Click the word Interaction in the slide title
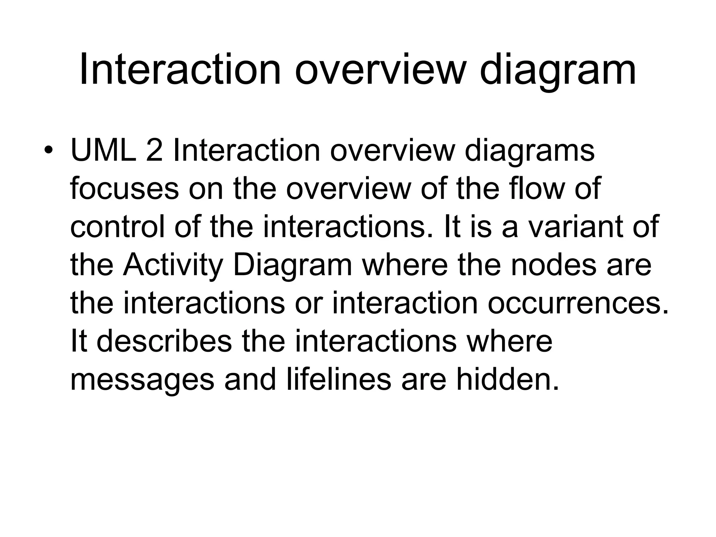click(x=180, y=69)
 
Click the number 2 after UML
click(x=154, y=151)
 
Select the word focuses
click(x=124, y=189)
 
